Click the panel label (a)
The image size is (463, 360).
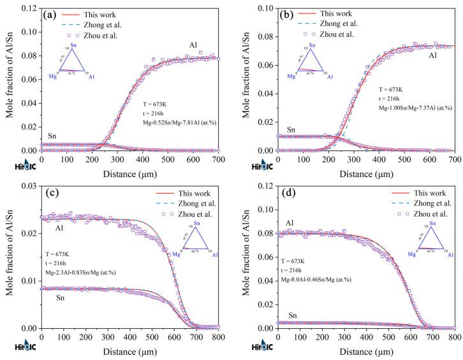pyautogui.click(x=50, y=13)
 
